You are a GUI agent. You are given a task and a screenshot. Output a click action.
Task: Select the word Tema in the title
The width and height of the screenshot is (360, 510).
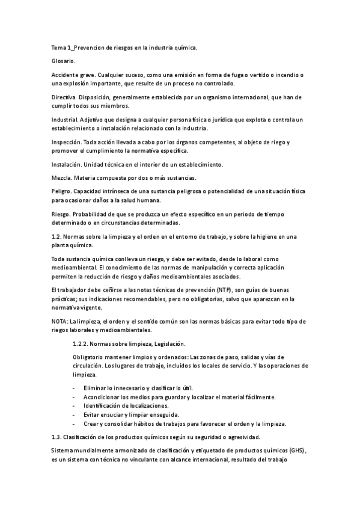[x=59, y=47]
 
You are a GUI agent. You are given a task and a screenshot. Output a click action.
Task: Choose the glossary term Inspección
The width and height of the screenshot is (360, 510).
[x=66, y=142]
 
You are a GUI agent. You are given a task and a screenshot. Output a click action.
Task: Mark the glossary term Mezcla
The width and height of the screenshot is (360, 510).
[x=61, y=178]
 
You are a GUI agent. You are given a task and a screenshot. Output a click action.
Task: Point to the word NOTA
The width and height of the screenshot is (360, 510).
[x=59, y=322]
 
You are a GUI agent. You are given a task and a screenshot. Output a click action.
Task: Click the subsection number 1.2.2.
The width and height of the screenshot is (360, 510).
[x=80, y=343]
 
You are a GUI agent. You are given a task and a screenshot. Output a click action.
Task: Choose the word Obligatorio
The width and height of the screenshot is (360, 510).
[x=88, y=357]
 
